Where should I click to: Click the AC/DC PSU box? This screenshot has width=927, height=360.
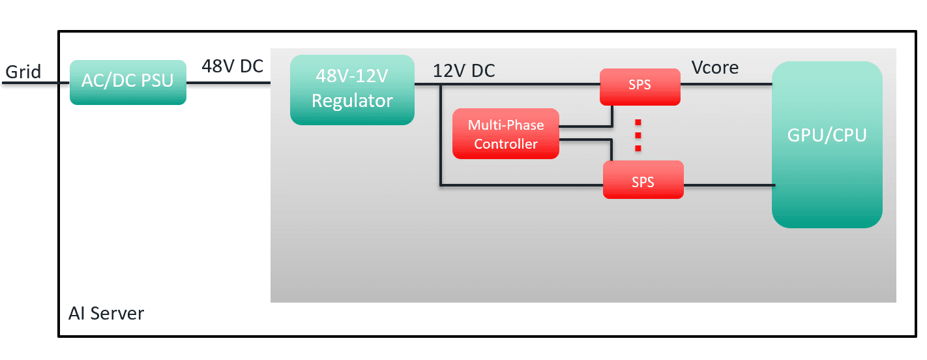click(128, 82)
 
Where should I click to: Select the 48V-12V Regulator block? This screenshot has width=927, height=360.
click(352, 89)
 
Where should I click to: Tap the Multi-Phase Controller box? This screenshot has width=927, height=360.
click(506, 134)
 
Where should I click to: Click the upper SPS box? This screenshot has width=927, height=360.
click(640, 86)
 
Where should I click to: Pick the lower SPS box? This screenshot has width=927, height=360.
click(643, 181)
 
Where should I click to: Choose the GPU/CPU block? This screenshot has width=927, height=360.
click(827, 144)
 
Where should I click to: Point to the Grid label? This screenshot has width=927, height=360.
click(23, 71)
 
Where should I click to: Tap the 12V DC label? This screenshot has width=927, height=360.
click(463, 70)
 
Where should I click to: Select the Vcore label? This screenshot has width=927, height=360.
click(715, 67)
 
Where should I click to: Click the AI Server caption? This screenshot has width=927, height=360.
click(106, 314)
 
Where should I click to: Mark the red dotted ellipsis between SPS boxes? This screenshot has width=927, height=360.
click(639, 135)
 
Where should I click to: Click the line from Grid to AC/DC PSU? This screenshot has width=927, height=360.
click(36, 83)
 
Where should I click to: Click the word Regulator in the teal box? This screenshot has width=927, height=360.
click(352, 101)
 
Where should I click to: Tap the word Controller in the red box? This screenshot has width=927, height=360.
click(506, 144)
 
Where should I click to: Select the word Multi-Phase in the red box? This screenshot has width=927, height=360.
click(506, 125)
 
